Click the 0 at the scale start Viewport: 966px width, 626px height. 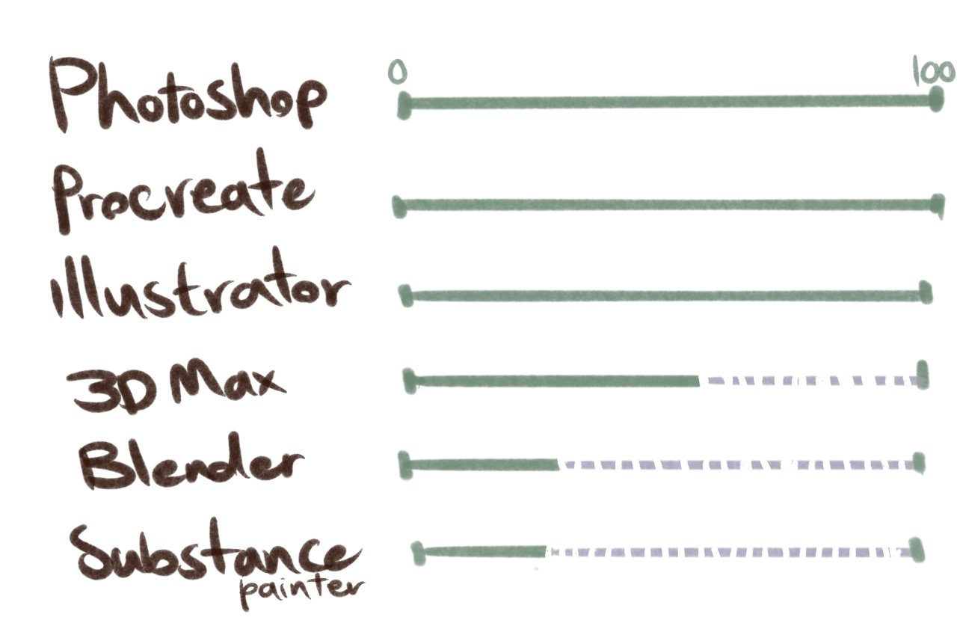[x=398, y=73]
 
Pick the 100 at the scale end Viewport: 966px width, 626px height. [x=934, y=73]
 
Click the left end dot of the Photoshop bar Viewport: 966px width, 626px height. [x=404, y=106]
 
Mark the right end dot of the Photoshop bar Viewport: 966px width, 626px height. [x=936, y=101]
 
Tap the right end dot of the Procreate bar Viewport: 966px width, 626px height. [x=938, y=205]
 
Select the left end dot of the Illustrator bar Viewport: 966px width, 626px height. [x=406, y=296]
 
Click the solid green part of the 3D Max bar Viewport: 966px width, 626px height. [x=553, y=381]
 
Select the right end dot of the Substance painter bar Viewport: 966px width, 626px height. [x=917, y=551]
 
